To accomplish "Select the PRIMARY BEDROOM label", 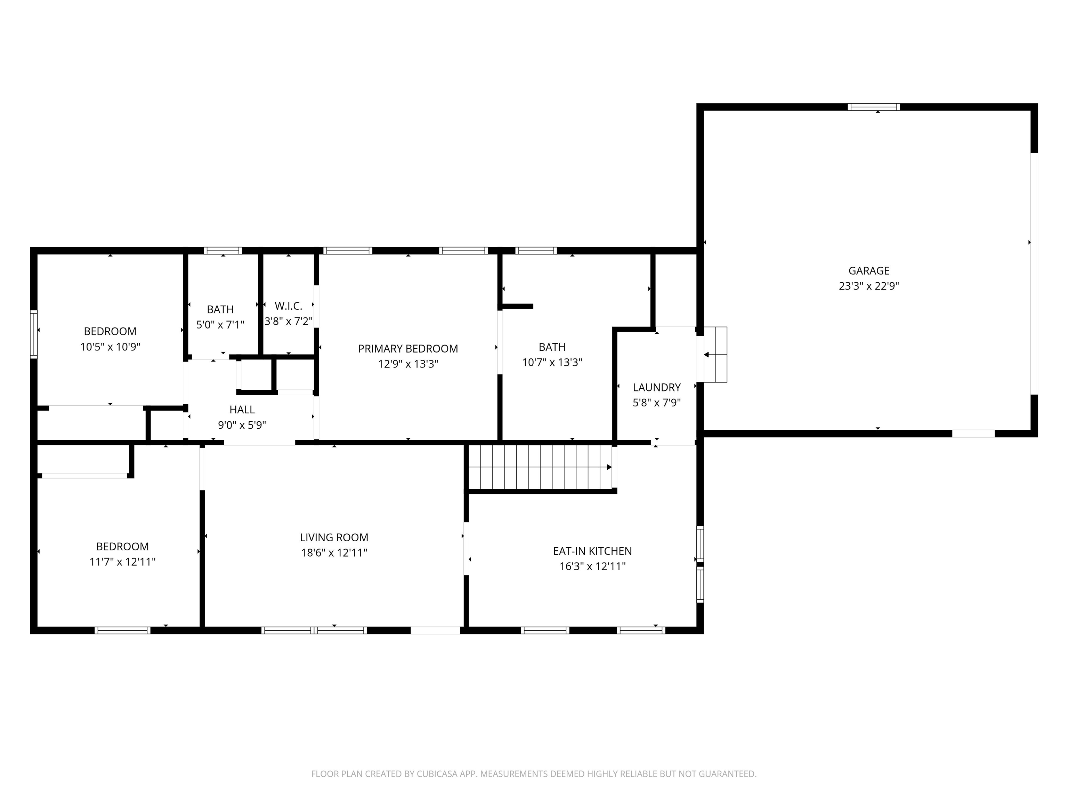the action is (408, 349).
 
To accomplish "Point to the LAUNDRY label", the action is (657, 387).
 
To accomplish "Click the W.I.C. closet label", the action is (288, 306).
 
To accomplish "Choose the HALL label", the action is (242, 410).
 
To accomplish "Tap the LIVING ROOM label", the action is (334, 537).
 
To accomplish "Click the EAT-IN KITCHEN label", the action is (592, 551).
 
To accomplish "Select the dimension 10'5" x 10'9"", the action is (110, 347).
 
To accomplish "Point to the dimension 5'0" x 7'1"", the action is (220, 324).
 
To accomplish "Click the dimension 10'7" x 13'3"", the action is (552, 362).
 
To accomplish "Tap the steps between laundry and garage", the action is (715, 354).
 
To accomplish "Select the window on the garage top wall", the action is (874, 107).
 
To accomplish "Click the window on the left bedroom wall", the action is (34, 334).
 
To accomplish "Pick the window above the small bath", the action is (222, 251).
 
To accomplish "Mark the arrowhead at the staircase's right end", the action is (609, 467).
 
